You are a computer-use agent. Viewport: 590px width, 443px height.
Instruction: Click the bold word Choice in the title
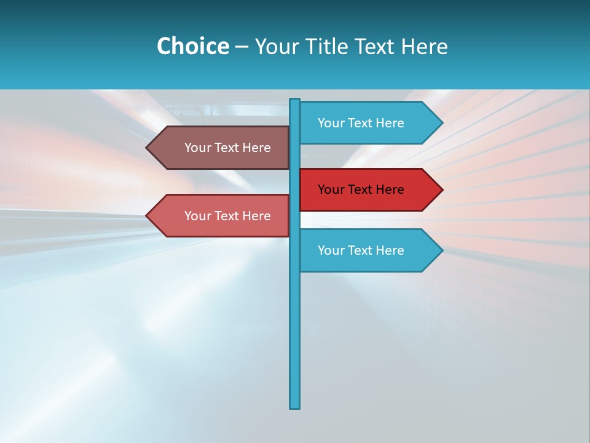(x=192, y=46)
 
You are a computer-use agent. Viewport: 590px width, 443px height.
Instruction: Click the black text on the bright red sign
(x=361, y=190)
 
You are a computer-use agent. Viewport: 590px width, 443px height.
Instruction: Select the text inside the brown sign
(x=227, y=148)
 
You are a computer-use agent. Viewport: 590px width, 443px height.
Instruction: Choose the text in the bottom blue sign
(x=361, y=250)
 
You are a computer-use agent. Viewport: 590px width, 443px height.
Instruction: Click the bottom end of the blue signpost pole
(x=295, y=405)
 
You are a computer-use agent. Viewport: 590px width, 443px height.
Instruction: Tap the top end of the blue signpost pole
(x=295, y=101)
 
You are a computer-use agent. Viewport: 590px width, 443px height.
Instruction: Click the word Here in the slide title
(x=424, y=46)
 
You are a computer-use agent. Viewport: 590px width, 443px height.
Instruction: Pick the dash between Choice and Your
(x=242, y=47)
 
